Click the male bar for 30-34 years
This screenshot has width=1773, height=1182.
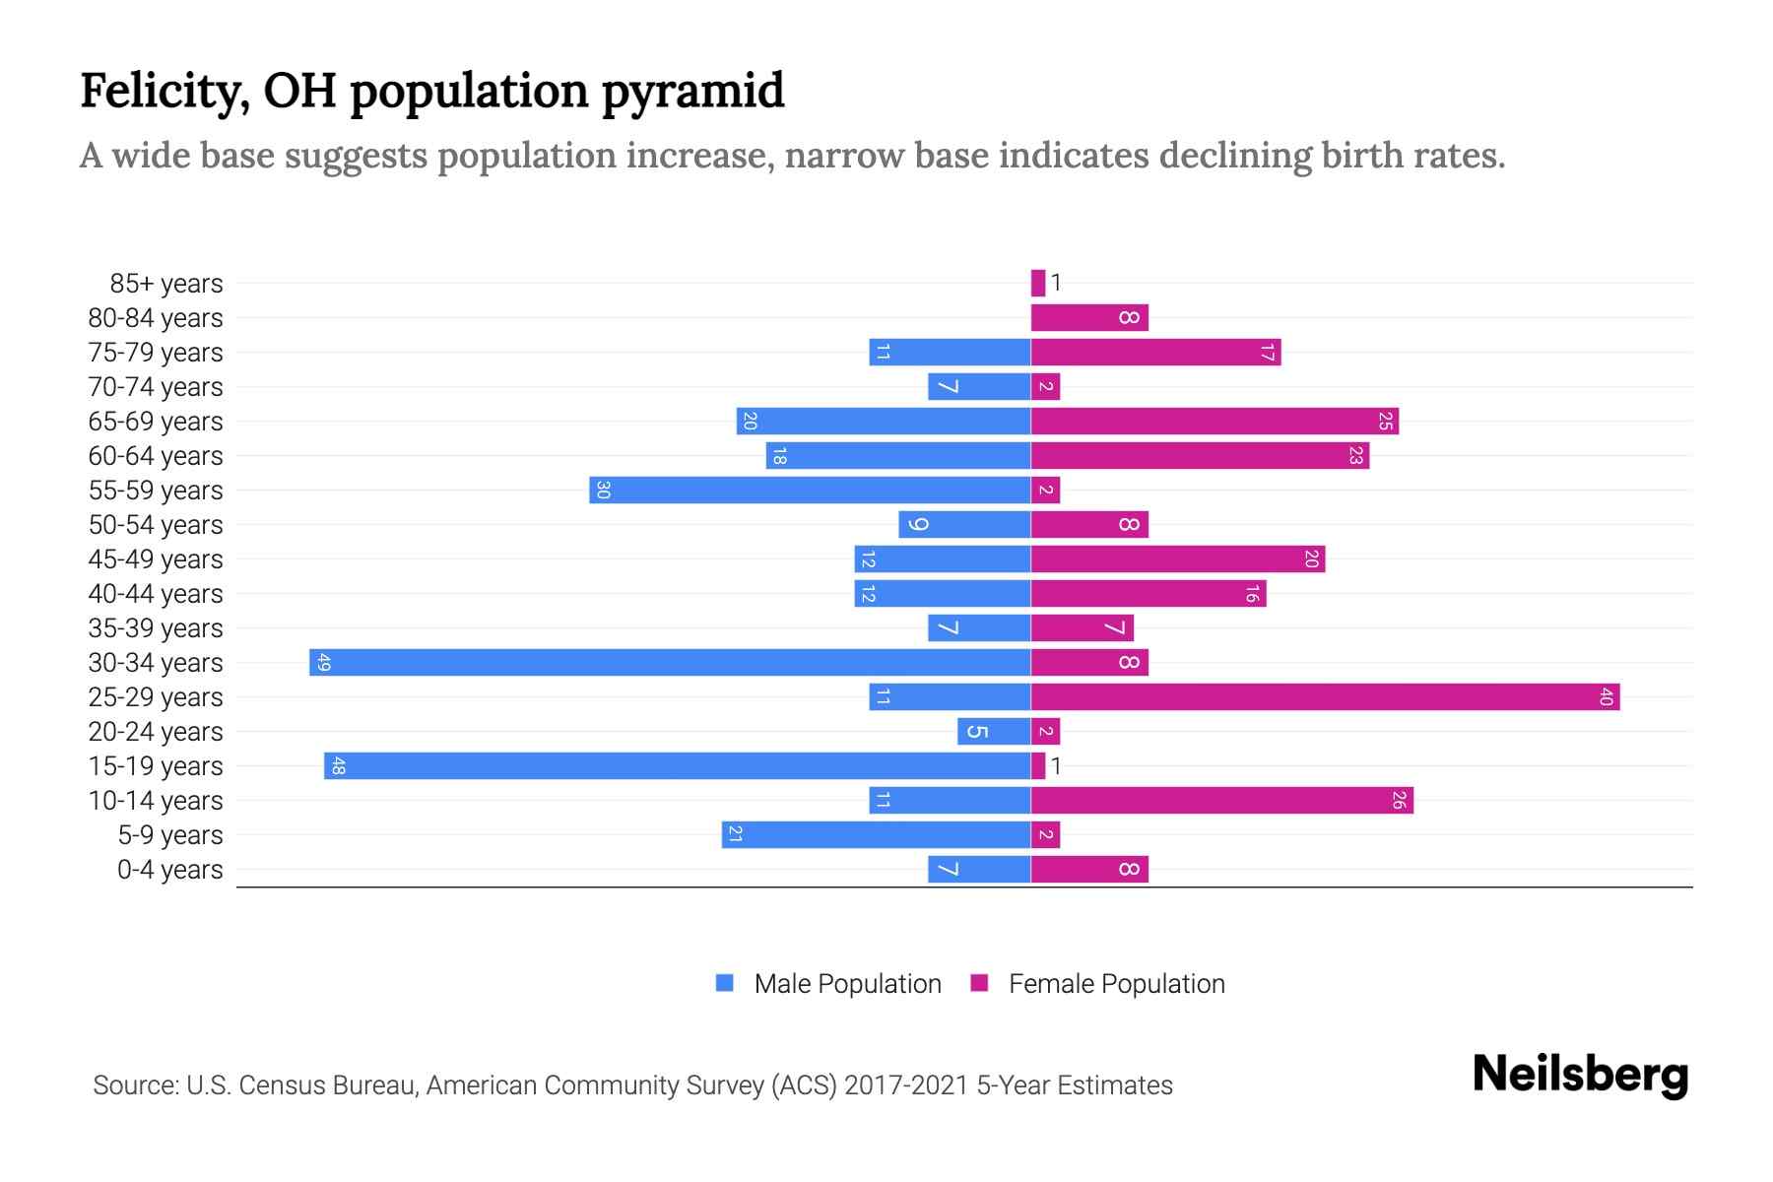pos(670,662)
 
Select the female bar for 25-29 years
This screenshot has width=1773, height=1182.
pos(1325,696)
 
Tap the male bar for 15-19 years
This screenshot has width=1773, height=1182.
pos(678,765)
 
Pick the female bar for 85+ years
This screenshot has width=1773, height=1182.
pos(1037,283)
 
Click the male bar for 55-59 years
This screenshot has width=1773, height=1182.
pos(810,490)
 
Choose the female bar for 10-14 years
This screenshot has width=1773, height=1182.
pos(1221,800)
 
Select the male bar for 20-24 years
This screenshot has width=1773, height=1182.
pos(994,731)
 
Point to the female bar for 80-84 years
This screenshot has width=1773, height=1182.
pos(1089,317)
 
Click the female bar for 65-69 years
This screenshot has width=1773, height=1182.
pos(1215,421)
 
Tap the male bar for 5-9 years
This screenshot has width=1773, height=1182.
pos(876,834)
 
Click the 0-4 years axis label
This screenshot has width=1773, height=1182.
pos(169,870)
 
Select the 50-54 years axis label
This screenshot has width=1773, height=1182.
pos(156,525)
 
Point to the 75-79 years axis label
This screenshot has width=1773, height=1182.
pos(156,353)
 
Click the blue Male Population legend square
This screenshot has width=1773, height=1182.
pos(725,983)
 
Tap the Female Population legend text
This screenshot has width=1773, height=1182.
pos(1116,984)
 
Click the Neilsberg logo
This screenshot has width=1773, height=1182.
pos(1580,1075)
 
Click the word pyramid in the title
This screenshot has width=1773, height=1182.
pos(692,91)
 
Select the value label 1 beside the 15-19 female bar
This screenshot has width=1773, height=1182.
pos(1056,766)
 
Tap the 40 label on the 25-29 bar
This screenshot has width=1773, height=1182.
pos(1606,697)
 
